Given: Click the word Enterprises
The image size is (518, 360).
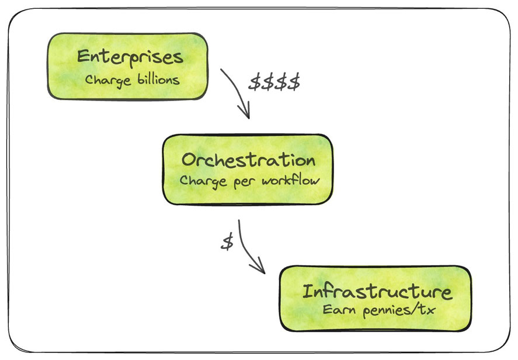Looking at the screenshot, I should tap(130, 57).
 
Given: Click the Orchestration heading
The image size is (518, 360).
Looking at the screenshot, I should tap(248, 160).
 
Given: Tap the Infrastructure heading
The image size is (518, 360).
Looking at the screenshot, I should tap(377, 292).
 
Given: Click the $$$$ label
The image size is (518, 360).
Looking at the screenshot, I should tap(274, 82).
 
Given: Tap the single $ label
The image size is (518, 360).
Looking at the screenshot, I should tap(227, 243).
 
